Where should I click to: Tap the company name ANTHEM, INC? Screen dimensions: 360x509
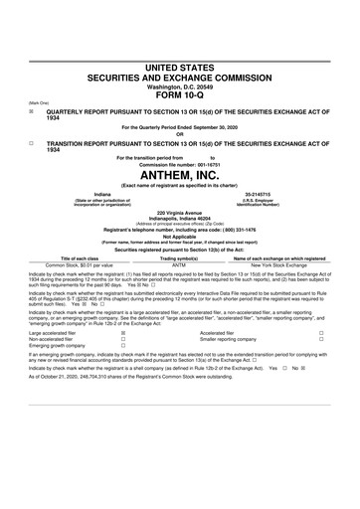[x=179, y=174]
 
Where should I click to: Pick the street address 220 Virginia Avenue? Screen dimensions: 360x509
[x=179, y=212]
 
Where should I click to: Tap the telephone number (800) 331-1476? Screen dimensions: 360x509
[x=248, y=229]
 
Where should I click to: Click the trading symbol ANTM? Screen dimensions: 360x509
[x=179, y=265]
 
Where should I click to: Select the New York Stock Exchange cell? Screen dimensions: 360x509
[x=281, y=265]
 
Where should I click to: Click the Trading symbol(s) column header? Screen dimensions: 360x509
[x=179, y=258]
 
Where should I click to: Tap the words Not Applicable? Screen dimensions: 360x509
[x=179, y=236]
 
